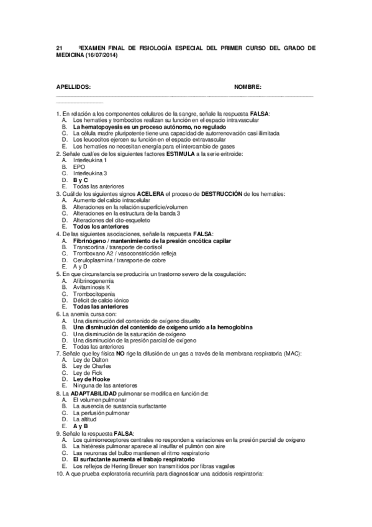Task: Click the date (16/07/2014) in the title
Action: pos(100,55)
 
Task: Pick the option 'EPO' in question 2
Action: pos(78,167)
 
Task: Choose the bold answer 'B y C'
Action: pos(80,180)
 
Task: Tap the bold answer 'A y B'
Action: pos(80,426)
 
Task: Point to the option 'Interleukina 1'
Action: pos(89,160)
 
